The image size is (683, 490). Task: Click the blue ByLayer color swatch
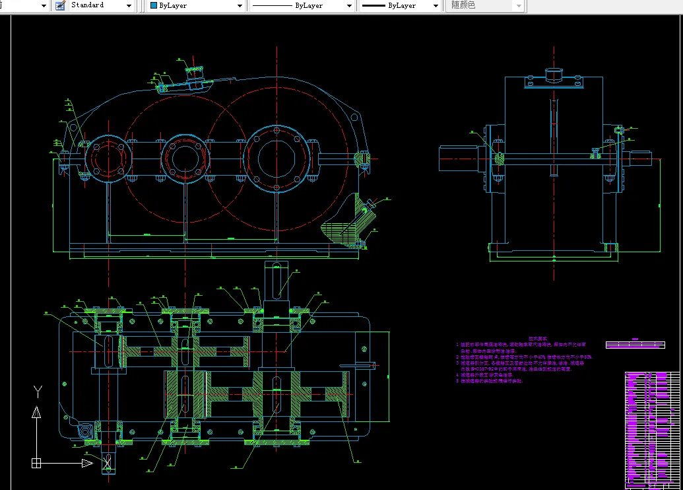(x=154, y=5)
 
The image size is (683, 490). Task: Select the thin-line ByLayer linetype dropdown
(x=301, y=5)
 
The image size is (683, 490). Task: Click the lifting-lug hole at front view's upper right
(x=354, y=118)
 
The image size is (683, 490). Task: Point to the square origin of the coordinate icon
(x=36, y=464)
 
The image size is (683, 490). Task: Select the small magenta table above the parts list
(x=635, y=345)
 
